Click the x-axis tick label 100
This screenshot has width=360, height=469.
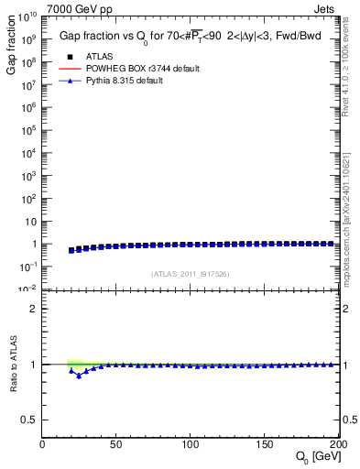point(191,443)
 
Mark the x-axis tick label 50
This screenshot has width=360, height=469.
point(116,443)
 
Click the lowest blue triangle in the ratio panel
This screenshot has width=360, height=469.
point(79,376)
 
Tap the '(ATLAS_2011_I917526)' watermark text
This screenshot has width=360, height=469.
point(191,274)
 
